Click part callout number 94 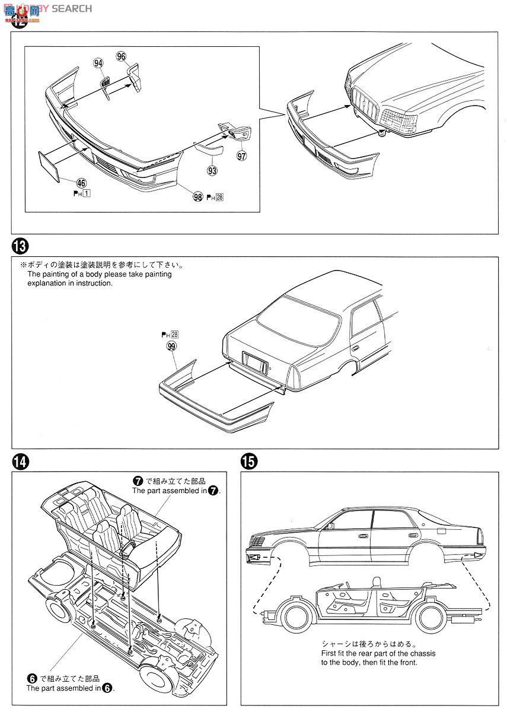point(98,63)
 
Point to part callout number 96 point(121,56)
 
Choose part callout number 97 point(241,156)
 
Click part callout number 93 point(212,170)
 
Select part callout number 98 point(197,197)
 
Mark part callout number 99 point(171,347)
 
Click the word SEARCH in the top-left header point(71,8)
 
